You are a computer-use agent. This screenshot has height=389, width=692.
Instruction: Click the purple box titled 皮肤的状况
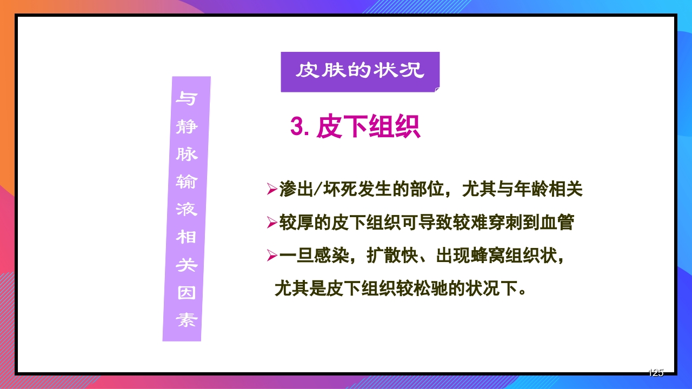360,72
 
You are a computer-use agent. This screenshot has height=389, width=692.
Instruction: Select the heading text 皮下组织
368,128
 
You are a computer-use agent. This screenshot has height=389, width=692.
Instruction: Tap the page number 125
655,372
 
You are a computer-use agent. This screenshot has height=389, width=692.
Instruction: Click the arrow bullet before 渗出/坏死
271,190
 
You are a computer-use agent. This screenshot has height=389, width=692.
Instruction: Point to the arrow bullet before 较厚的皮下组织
271,223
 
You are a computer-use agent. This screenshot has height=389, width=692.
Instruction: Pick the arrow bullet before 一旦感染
271,256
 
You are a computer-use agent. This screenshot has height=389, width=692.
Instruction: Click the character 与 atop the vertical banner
188,99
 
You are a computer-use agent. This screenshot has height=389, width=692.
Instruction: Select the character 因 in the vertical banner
187,293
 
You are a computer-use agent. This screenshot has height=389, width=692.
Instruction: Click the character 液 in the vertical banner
187,210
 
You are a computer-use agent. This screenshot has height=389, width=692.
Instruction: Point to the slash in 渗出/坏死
318,190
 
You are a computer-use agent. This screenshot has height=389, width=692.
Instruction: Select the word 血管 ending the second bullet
557,223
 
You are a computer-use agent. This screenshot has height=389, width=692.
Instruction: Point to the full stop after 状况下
523,291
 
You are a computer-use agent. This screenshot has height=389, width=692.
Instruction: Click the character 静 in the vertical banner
187,127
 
